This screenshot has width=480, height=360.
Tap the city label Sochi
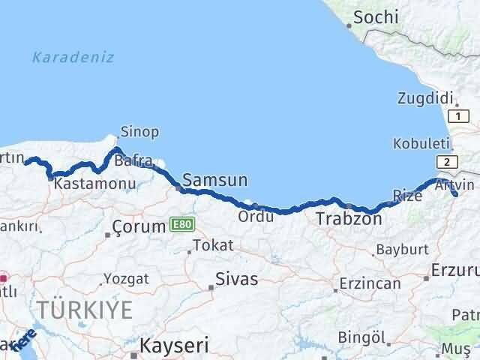pyautogui.click(x=376, y=16)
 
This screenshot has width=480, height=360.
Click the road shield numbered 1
pyautogui.click(x=458, y=116)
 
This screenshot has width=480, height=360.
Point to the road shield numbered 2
pyautogui.click(x=447, y=162)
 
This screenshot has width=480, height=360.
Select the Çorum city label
pyautogui.click(x=138, y=226)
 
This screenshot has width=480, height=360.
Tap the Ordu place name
pyautogui.click(x=251, y=217)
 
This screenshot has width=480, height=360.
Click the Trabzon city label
pyautogui.click(x=349, y=219)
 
